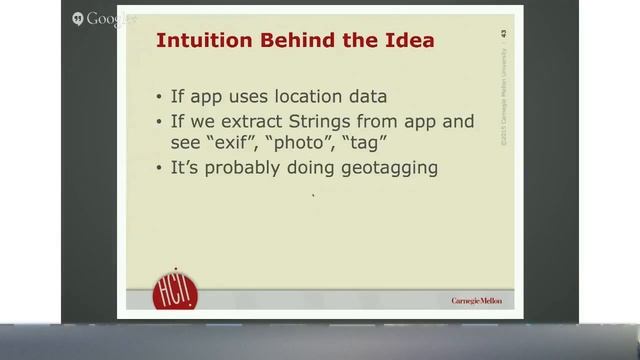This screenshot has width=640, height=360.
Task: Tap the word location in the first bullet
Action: coord(310,97)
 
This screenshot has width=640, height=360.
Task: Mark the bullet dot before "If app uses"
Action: coord(162,98)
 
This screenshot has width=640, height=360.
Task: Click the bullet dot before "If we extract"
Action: coord(162,122)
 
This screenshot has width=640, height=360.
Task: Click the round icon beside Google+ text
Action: coord(78,19)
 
